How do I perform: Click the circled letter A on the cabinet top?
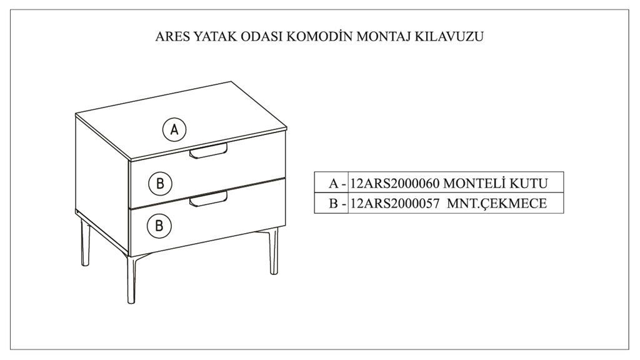click(174, 130)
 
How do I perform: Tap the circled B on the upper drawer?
click(160, 183)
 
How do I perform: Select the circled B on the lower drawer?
click(159, 226)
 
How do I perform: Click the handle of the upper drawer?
click(208, 151)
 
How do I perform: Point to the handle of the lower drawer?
click(208, 199)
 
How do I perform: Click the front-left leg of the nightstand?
click(131, 280)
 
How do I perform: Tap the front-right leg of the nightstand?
click(274, 251)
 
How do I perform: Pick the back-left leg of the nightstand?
click(85, 243)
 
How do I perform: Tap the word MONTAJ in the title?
click(384, 36)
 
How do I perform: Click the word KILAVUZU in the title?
click(449, 36)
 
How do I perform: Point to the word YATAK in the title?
click(215, 36)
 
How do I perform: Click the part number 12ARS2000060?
click(395, 184)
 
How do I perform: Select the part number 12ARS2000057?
click(395, 203)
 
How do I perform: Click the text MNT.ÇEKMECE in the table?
click(497, 203)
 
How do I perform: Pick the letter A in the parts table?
click(334, 184)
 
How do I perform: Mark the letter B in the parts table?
click(334, 203)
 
